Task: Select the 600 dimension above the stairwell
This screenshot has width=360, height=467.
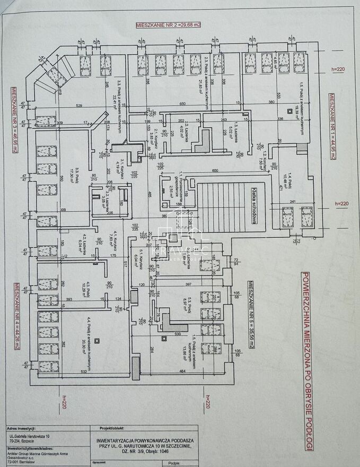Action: (x=215, y=171)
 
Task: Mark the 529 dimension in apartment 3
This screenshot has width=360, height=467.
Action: (x=80, y=107)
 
